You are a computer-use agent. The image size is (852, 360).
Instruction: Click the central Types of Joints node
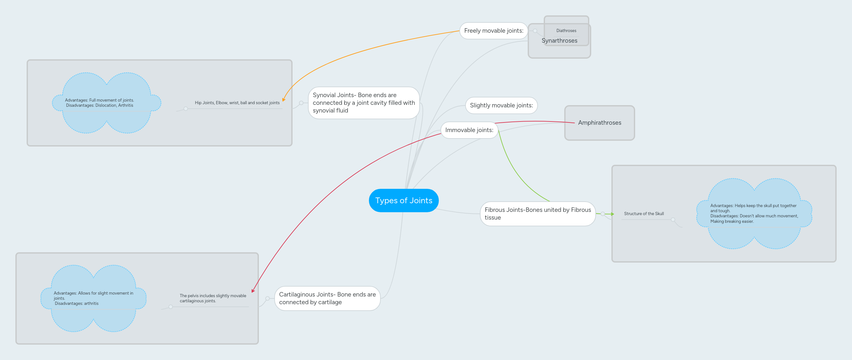pyautogui.click(x=404, y=200)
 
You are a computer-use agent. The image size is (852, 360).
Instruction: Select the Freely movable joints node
pyautogui.click(x=493, y=31)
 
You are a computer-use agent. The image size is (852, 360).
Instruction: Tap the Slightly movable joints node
pyautogui.click(x=501, y=105)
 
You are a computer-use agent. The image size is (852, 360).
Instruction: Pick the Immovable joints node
pyautogui.click(x=469, y=130)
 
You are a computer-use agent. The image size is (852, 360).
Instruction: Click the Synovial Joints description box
pyautogui.click(x=363, y=103)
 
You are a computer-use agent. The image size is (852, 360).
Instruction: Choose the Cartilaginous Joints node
pyautogui.click(x=327, y=298)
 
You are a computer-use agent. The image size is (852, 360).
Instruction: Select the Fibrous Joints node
pyautogui.click(x=537, y=213)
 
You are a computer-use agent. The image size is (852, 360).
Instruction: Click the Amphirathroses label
pyautogui.click(x=599, y=123)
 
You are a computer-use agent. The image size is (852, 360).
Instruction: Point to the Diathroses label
pyautogui.click(x=566, y=31)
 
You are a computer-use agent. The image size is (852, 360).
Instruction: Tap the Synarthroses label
pyautogui.click(x=559, y=41)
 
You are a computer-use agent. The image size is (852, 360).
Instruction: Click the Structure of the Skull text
pyautogui.click(x=643, y=213)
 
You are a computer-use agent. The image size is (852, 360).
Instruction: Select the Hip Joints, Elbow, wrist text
pyautogui.click(x=237, y=103)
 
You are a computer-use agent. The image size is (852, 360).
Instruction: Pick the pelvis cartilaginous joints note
pyautogui.click(x=213, y=298)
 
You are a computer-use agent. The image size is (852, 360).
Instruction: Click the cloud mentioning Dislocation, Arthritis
pyautogui.click(x=99, y=103)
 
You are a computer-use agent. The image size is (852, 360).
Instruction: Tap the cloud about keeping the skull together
pyautogui.click(x=754, y=213)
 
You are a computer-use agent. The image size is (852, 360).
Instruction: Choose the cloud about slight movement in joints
pyautogui.click(x=93, y=298)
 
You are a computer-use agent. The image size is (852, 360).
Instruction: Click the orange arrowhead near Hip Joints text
pyautogui.click(x=284, y=99)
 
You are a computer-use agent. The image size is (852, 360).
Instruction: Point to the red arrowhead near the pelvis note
pyautogui.click(x=253, y=291)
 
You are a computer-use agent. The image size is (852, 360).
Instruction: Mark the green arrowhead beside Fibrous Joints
pyautogui.click(x=613, y=214)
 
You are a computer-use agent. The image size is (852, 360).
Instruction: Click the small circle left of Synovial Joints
pyautogui.click(x=301, y=103)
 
